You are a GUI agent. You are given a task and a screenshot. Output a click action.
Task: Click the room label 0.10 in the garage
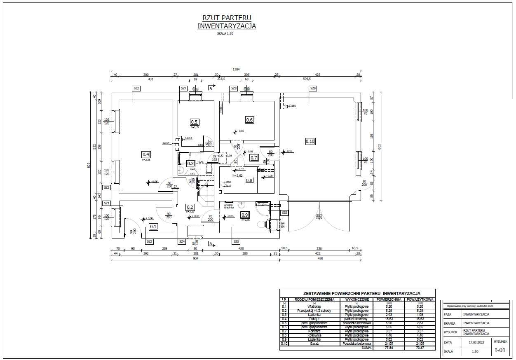click(310, 141)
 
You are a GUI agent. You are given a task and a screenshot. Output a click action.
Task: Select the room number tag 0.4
click(146, 154)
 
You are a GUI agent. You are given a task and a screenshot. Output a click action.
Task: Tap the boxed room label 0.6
click(249, 120)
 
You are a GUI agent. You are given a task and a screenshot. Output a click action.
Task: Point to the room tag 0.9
click(245, 215)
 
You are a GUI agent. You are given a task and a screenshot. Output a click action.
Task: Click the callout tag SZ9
click(313, 88)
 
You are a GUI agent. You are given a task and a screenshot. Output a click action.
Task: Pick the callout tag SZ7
click(183, 88)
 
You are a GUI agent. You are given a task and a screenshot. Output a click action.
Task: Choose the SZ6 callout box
click(284, 213)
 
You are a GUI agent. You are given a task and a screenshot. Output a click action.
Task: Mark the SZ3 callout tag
click(150, 241)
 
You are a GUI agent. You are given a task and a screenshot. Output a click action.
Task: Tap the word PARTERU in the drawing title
click(237, 18)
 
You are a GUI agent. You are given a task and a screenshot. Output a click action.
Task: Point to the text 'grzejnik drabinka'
click(229, 206)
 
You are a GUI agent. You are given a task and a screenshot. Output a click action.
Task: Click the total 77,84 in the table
click(389, 348)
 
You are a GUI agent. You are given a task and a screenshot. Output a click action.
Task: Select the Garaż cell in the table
click(314, 344)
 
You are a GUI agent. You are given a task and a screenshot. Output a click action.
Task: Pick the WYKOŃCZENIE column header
click(357, 299)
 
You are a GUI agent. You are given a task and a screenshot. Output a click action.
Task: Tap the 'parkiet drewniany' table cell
click(357, 319)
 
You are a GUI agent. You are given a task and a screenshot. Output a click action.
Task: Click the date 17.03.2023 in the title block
click(477, 342)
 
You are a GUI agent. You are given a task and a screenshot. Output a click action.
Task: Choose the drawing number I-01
click(500, 351)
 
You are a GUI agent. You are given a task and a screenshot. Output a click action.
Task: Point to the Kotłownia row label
click(314, 335)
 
